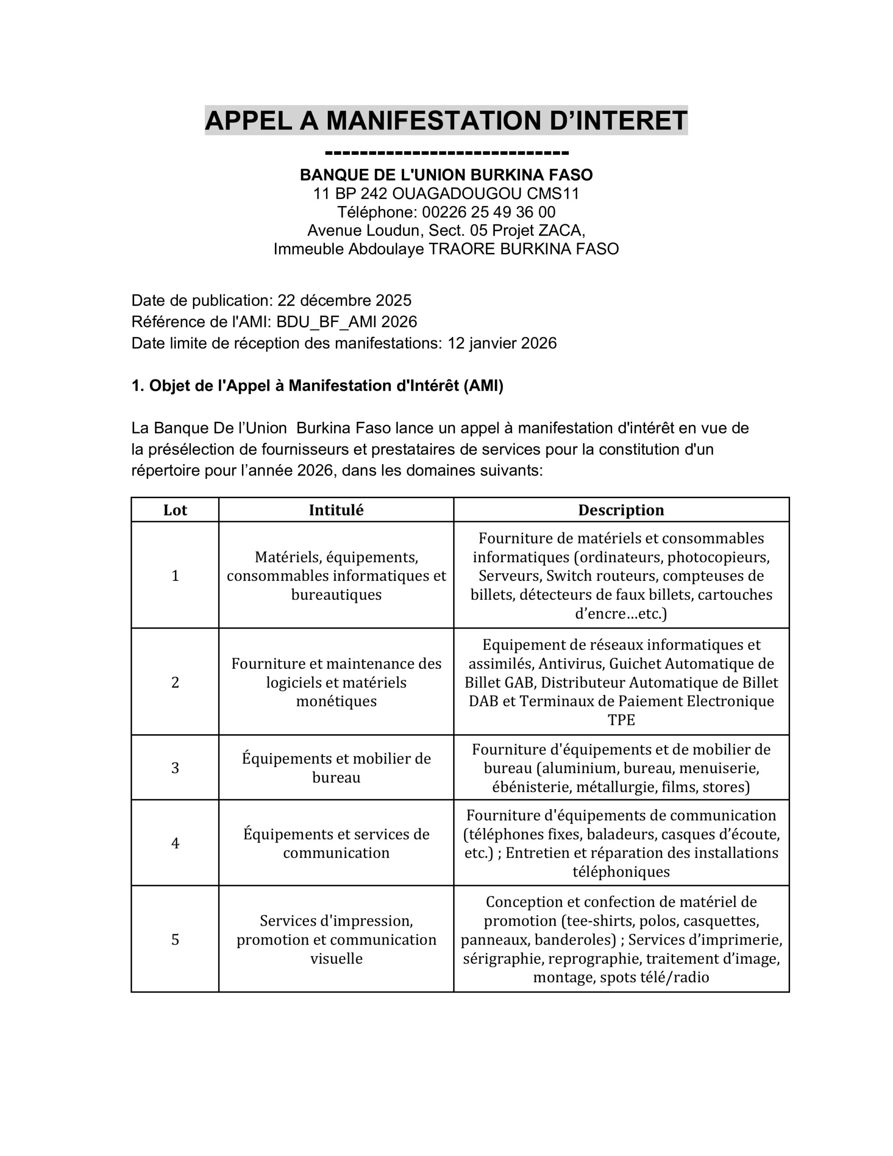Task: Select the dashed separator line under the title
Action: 446,154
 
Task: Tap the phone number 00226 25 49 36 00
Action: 488,212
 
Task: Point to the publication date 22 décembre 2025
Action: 344,301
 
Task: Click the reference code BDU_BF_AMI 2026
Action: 346,322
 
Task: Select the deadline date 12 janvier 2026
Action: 502,344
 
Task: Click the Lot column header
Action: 175,510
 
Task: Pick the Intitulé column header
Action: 336,510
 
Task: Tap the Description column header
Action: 621,510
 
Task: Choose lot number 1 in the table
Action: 175,576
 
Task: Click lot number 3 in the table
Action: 175,768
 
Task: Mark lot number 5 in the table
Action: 175,940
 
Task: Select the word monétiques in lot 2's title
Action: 336,701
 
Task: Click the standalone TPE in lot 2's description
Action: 621,720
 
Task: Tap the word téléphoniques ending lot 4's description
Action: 621,872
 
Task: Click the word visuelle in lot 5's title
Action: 336,959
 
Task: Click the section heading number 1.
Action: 137,386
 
